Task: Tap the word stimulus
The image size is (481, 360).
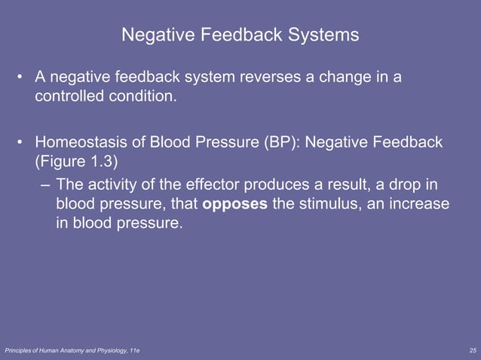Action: point(332,205)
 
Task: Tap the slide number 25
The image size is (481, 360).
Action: point(472,352)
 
